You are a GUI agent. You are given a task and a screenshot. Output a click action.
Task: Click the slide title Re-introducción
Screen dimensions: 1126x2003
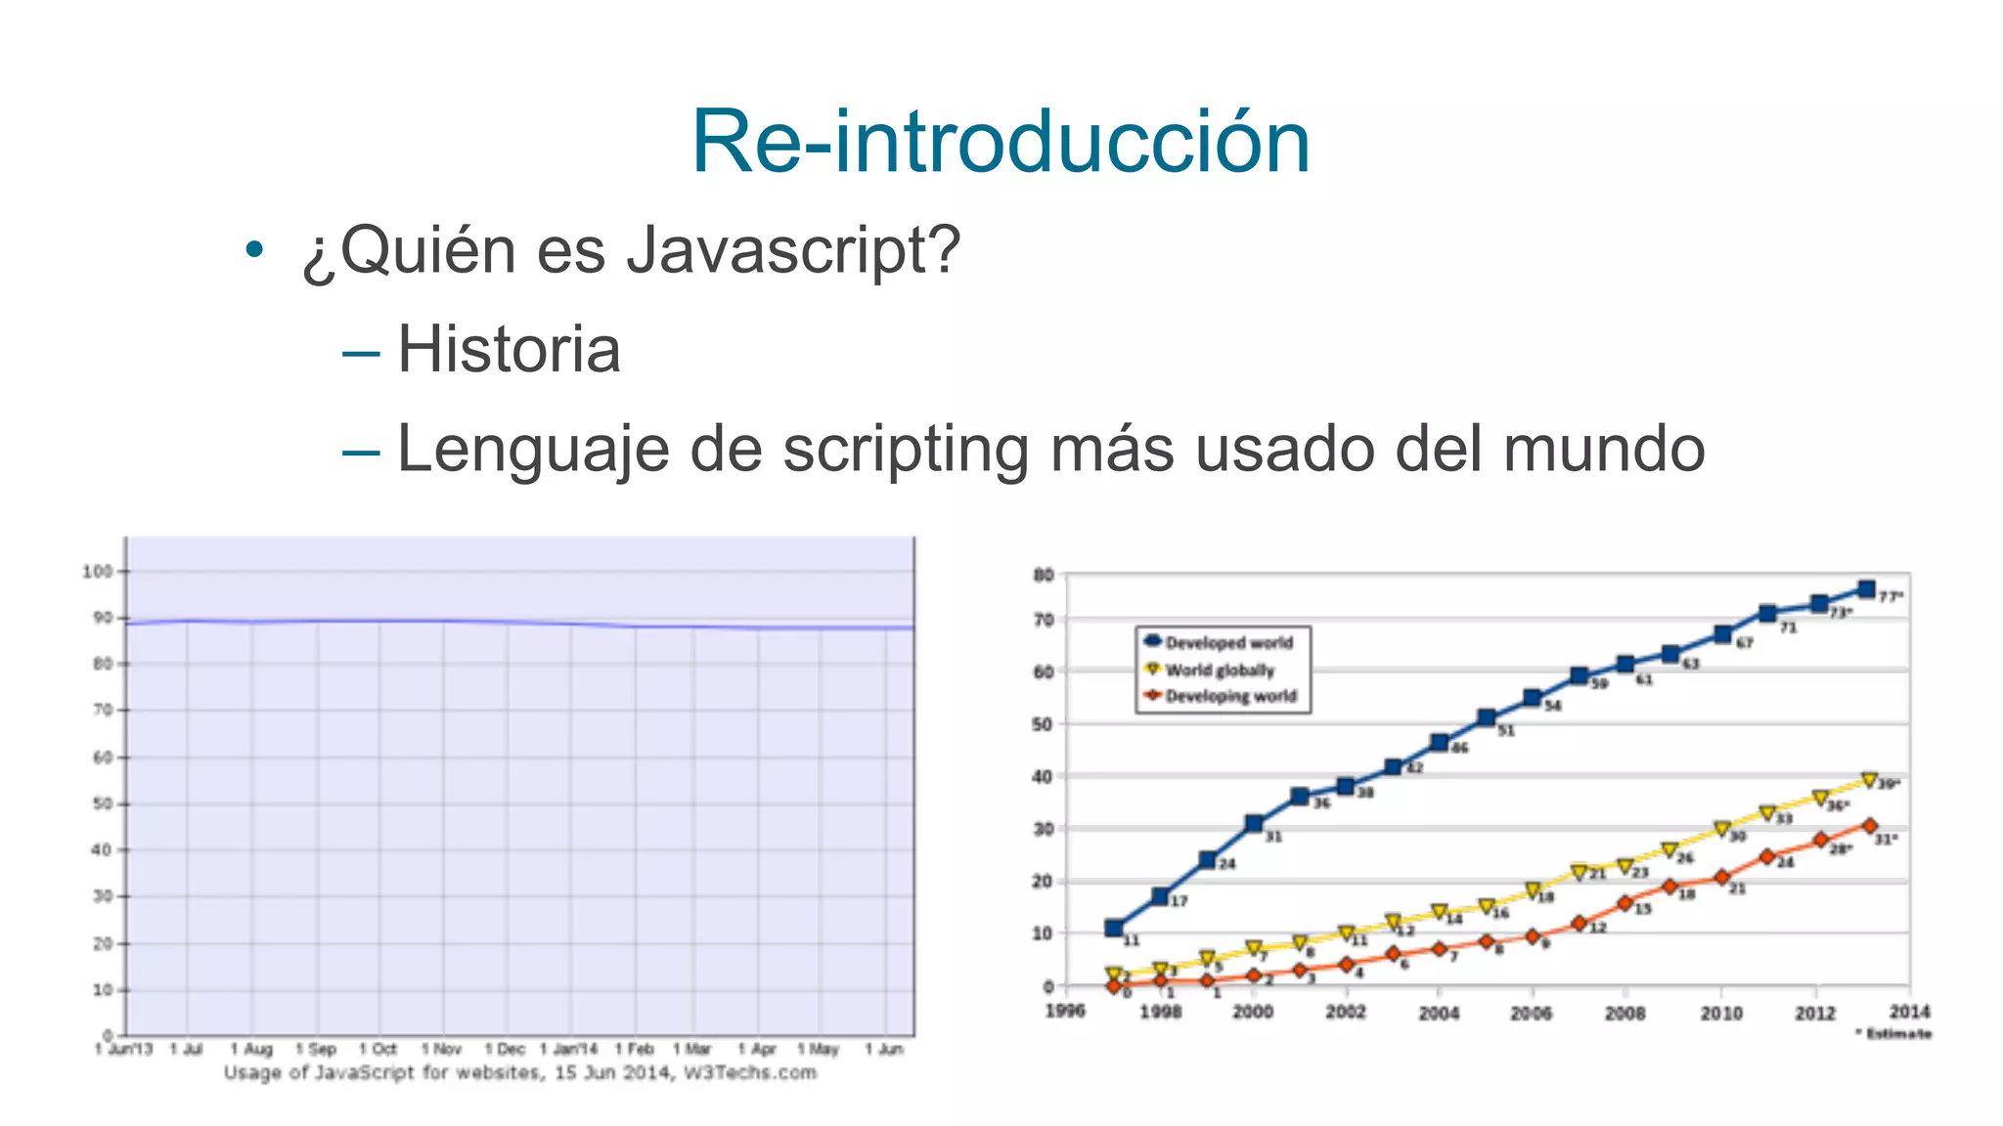(1001, 143)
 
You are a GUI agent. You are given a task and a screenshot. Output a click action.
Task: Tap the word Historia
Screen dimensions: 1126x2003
(509, 349)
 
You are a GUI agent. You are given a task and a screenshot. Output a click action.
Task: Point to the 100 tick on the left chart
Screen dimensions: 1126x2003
(97, 571)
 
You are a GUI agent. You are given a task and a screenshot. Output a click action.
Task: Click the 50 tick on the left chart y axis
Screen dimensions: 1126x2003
(102, 803)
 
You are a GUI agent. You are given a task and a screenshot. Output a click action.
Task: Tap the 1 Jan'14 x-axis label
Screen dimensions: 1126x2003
(568, 1049)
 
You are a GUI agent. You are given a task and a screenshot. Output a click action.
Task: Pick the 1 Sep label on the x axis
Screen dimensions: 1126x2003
(316, 1049)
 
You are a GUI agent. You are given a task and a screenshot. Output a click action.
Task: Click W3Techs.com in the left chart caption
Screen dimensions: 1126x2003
(750, 1073)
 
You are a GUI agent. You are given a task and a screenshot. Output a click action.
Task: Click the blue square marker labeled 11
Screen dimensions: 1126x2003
(1114, 928)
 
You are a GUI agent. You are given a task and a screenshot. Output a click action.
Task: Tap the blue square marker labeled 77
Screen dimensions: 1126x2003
(1866, 589)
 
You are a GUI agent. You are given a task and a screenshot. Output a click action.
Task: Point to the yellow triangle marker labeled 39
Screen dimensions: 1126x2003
(1869, 780)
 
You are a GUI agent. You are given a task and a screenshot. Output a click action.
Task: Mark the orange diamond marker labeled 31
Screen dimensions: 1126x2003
(1869, 826)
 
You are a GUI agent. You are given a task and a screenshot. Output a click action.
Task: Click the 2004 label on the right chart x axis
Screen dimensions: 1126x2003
(1439, 1013)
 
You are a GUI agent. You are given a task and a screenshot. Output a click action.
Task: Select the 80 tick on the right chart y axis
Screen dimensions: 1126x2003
(1044, 575)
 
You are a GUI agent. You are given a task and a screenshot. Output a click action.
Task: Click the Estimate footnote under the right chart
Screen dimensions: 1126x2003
(1894, 1033)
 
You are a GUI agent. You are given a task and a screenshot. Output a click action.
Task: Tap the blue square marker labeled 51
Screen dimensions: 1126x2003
(1487, 717)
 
